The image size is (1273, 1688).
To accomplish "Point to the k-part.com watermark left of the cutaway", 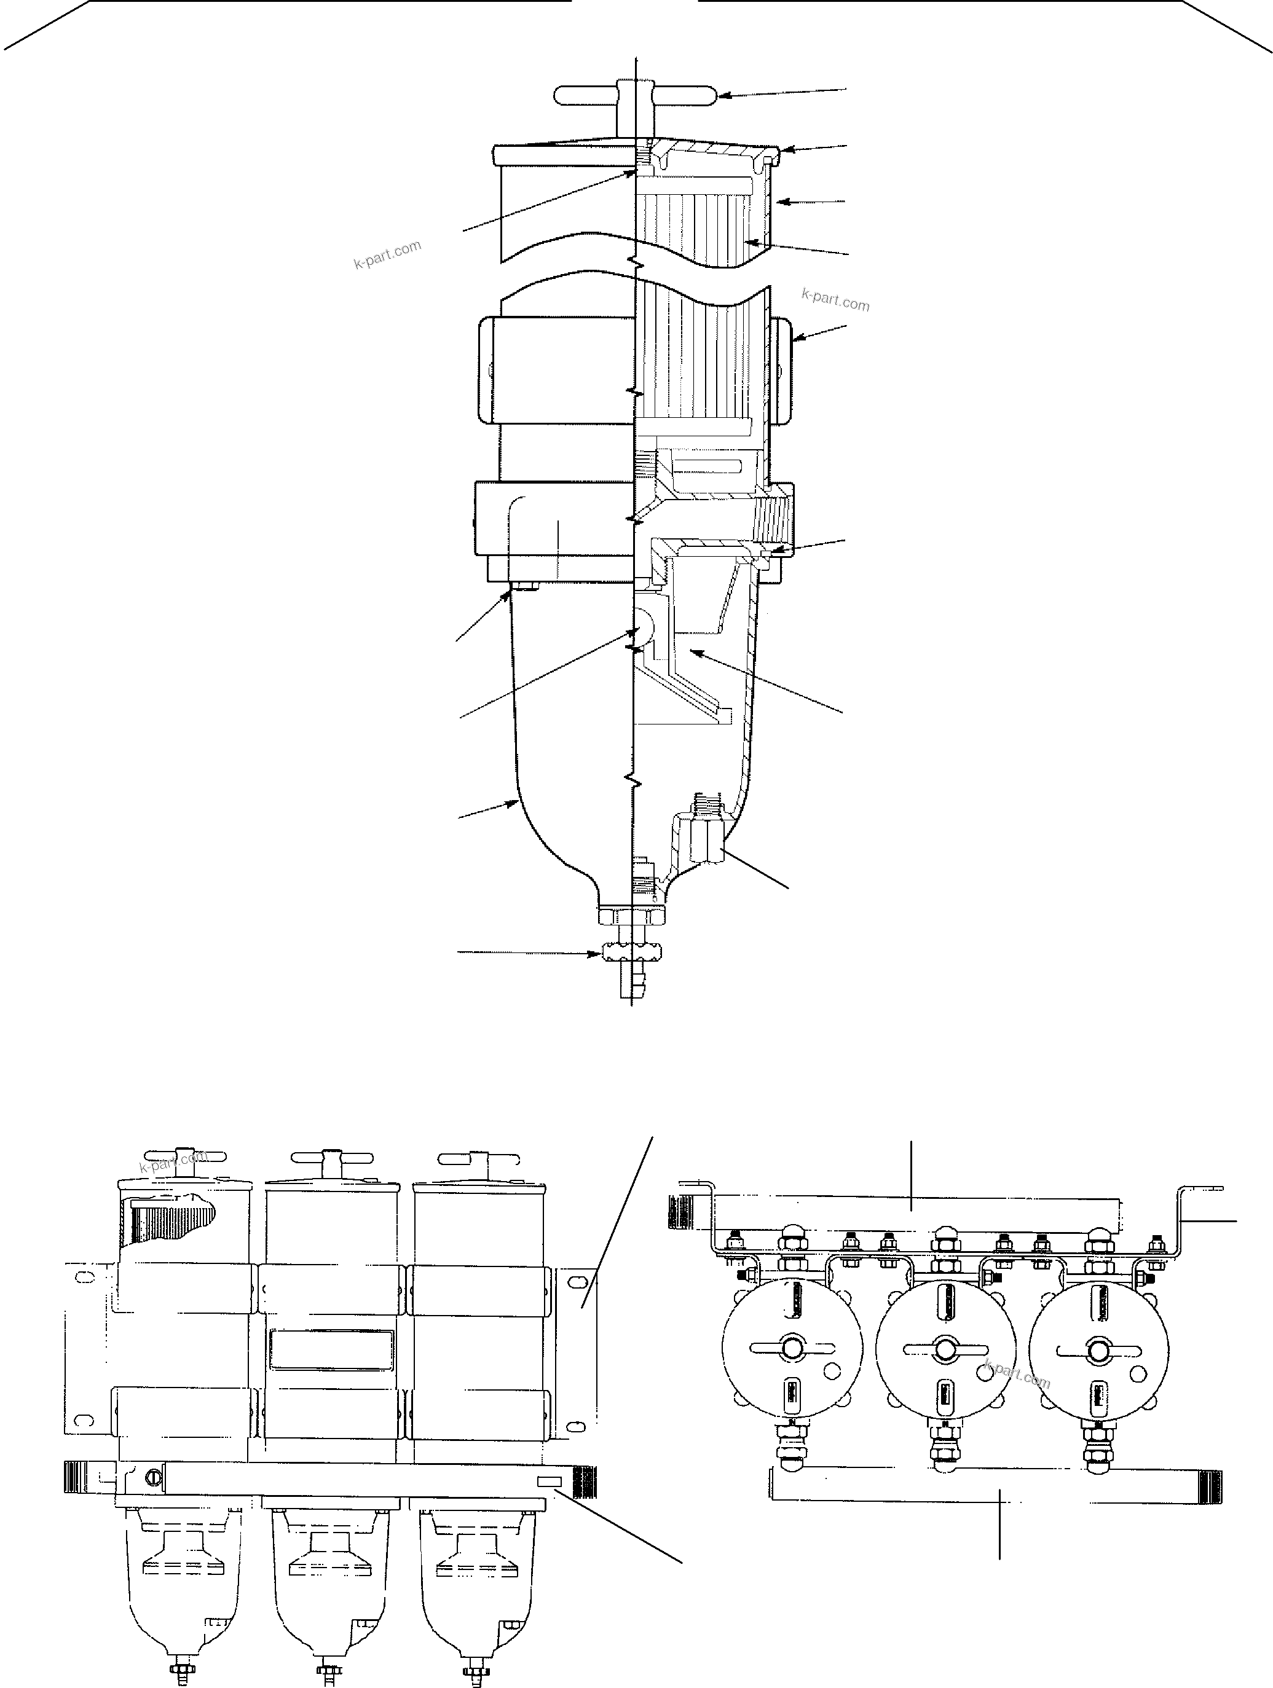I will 387,255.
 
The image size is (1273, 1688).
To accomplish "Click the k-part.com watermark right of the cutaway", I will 835,300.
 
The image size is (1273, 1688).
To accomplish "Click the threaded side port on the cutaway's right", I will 773,525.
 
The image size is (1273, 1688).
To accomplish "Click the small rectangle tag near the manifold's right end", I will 550,1481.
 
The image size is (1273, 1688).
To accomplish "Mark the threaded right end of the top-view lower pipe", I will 1210,1486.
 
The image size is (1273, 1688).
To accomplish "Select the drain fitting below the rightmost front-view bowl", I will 478,1672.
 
